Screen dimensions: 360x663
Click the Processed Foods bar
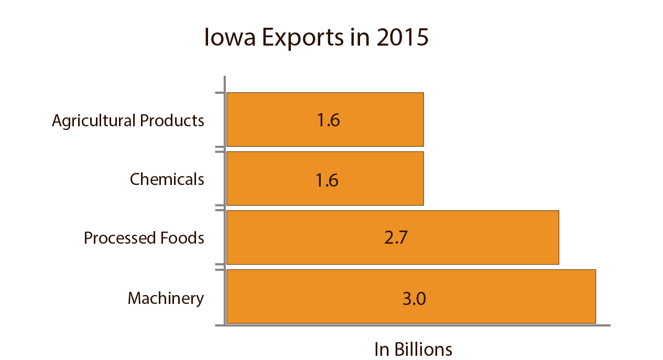pos(472,237)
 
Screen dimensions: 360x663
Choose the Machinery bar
pos(498,297)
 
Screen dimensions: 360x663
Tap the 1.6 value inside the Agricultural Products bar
pos(328,121)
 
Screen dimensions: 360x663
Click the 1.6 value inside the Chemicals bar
pos(327,180)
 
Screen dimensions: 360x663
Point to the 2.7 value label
pos(396,238)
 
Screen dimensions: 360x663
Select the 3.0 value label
pos(414,299)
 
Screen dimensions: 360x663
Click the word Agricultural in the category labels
pos(94,121)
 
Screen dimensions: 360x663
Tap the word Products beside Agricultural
pos(172,121)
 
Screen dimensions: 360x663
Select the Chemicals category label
pos(167,179)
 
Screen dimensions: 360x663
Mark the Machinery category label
pos(166,298)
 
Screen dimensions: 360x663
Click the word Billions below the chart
pos(423,349)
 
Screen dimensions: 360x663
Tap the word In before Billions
pos(382,349)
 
